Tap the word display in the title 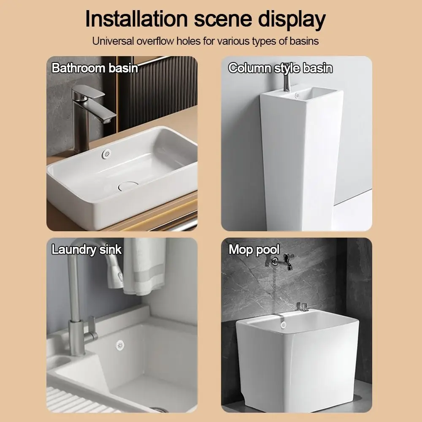click(x=290, y=19)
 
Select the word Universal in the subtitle click(x=111, y=41)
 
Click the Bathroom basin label click(x=95, y=68)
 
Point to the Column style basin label click(x=280, y=68)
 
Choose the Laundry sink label click(x=87, y=249)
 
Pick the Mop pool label click(x=254, y=249)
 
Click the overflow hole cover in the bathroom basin click(x=106, y=154)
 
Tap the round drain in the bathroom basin click(x=128, y=185)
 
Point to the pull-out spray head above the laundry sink click(x=114, y=272)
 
